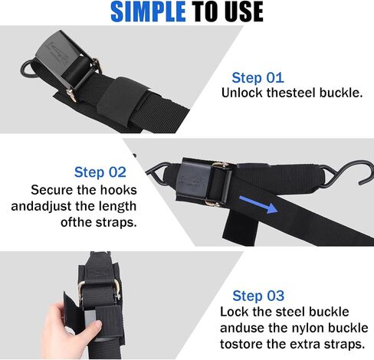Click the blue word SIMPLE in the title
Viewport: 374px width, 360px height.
pos(148,11)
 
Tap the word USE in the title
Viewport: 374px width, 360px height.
pos(242,11)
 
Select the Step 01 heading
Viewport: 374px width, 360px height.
pos(258,77)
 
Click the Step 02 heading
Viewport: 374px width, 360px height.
pos(100,172)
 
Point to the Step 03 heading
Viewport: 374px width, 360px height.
pos(258,296)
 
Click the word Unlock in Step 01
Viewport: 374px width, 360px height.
pos(242,93)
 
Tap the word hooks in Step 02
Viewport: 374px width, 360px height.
pos(118,190)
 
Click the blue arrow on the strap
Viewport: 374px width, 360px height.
pos(258,205)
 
